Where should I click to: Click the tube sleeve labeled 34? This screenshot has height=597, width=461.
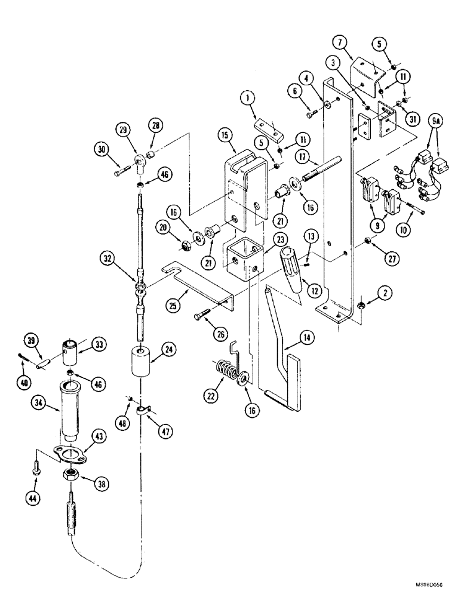(70, 412)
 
